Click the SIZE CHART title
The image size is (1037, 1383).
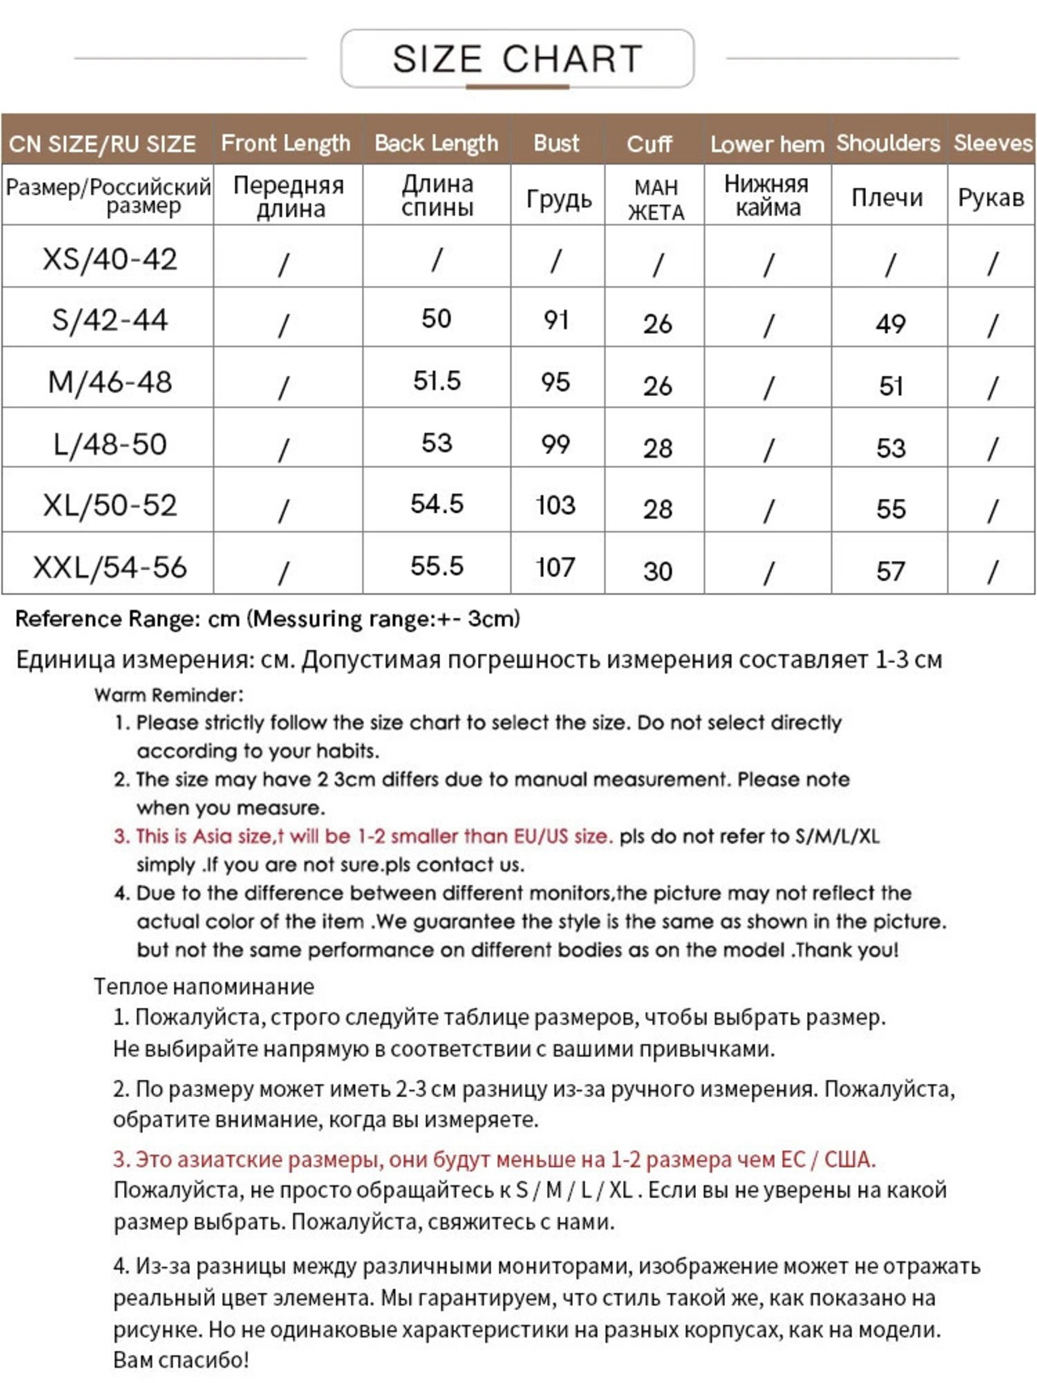(x=517, y=59)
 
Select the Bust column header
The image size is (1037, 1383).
(x=557, y=143)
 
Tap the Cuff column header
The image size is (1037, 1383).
(x=649, y=144)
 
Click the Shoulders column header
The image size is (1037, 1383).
(x=888, y=143)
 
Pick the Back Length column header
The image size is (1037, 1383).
(x=436, y=143)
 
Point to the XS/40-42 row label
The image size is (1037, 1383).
(x=109, y=259)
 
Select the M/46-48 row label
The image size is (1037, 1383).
(x=109, y=382)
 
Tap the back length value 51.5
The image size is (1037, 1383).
(x=437, y=381)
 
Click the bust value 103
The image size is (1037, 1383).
(x=556, y=505)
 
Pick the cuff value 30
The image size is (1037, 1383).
(x=658, y=571)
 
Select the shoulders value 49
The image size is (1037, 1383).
(x=890, y=324)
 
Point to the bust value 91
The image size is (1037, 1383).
(x=556, y=320)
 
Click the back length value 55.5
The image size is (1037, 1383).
(x=437, y=566)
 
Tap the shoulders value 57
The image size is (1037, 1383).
(x=890, y=571)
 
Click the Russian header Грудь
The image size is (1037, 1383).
(x=559, y=198)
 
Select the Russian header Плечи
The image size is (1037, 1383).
(x=887, y=198)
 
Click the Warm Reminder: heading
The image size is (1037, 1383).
(x=169, y=695)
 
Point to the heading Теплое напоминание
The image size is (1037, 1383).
(x=203, y=986)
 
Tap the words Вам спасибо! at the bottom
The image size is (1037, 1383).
(x=181, y=1360)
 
